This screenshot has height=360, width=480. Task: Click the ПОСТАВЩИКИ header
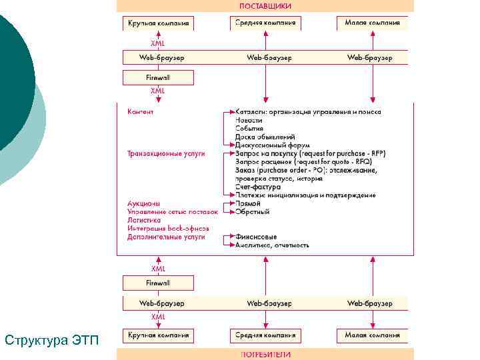pos(265,5)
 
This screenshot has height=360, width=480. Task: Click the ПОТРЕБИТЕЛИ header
pos(265,355)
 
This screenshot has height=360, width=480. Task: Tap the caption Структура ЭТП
pos(51,341)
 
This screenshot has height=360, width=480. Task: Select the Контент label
pos(140,111)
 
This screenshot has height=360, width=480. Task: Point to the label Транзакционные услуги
pos(166,153)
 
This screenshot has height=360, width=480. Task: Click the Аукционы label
pos(143,203)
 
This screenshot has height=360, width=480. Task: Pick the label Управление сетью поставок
pos(172,212)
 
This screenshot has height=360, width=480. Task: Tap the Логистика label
pos(144,220)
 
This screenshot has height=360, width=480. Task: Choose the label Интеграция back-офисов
pos(166,228)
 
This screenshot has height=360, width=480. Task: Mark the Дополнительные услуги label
pos(166,237)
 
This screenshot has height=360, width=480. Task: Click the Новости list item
pos(249,120)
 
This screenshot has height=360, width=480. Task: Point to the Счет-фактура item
pos(257,187)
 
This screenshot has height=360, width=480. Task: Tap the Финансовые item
pos(256,237)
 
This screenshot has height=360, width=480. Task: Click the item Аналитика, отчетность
pos(272,245)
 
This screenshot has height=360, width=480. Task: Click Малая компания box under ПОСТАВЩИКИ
pos(372,23)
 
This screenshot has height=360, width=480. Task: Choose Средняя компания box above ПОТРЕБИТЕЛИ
pos(265,335)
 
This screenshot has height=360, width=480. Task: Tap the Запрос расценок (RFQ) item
pos(303,162)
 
